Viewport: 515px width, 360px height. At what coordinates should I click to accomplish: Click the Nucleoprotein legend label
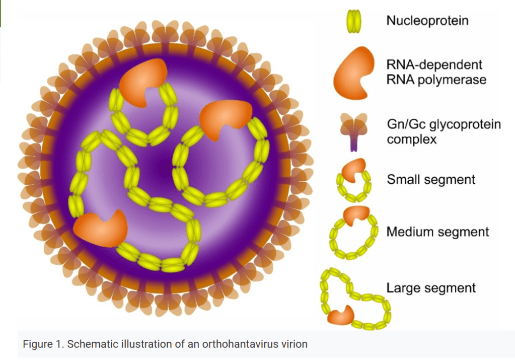click(427, 20)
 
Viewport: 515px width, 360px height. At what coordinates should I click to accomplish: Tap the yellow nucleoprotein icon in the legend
click(354, 21)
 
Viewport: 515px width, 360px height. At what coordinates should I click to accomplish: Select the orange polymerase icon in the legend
click(354, 73)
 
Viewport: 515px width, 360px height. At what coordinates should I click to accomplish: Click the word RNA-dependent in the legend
click(434, 65)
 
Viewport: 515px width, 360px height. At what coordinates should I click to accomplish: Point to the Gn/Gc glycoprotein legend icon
click(353, 132)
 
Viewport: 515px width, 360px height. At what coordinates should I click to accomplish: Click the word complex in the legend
click(411, 139)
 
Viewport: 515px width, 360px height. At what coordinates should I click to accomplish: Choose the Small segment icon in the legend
click(353, 180)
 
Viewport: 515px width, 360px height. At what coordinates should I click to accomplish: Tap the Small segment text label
click(431, 179)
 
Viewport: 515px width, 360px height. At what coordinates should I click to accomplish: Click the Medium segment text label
click(437, 232)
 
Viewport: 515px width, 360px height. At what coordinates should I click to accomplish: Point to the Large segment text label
click(431, 288)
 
